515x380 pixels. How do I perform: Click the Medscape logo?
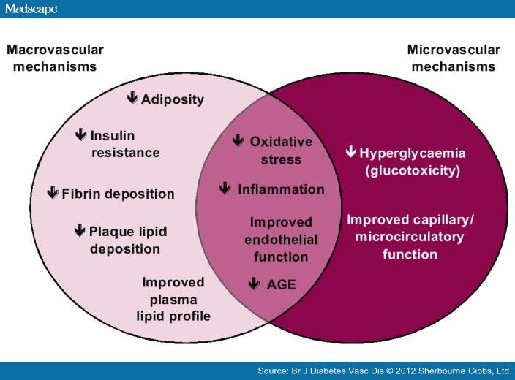pyautogui.click(x=31, y=9)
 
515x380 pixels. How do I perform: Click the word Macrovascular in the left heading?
pyautogui.click(x=55, y=50)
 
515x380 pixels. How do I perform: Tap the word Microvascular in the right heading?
pyautogui.click(x=454, y=50)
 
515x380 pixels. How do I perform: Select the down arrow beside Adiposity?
pyautogui.click(x=132, y=98)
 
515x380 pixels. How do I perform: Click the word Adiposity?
pyautogui.click(x=173, y=99)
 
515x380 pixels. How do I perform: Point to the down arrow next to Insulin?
pyautogui.click(x=80, y=134)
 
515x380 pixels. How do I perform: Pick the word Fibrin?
pyautogui.click(x=80, y=194)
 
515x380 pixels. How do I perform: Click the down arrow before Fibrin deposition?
pyautogui.click(x=53, y=193)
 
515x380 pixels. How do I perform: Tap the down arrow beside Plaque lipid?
pyautogui.click(x=80, y=230)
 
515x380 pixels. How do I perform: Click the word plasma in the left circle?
pyautogui.click(x=173, y=300)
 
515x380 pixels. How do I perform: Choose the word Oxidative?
pyautogui.click(x=281, y=142)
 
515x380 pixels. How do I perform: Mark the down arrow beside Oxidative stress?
pyautogui.click(x=238, y=140)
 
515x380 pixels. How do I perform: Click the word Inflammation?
pyautogui.click(x=281, y=190)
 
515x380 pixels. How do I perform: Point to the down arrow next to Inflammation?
pyautogui.click(x=225, y=189)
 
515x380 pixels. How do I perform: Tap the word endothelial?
pyautogui.click(x=281, y=240)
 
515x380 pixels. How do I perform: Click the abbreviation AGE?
pyautogui.click(x=282, y=284)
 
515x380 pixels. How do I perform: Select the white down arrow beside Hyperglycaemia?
pyautogui.click(x=351, y=151)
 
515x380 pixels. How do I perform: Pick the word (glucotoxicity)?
pyautogui.click(x=413, y=171)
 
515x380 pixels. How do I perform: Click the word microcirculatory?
pyautogui.click(x=410, y=237)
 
